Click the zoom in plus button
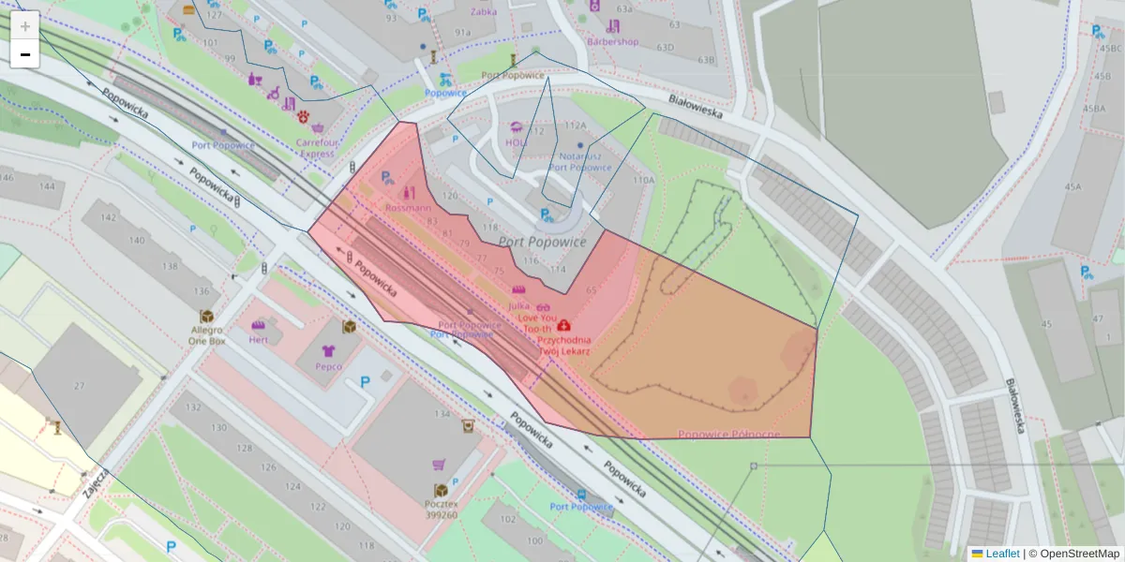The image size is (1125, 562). [x=25, y=25]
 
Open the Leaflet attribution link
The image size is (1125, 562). [x=1001, y=554]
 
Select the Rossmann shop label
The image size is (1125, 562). [x=408, y=207]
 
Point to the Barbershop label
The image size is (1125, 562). [x=612, y=41]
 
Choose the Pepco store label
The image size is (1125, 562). [x=328, y=367]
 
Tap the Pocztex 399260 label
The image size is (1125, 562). [x=441, y=509]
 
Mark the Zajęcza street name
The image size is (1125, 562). [x=96, y=481]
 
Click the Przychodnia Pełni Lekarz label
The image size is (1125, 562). [x=564, y=346]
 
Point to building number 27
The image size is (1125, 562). [x=80, y=386]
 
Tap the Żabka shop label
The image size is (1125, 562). [x=484, y=13]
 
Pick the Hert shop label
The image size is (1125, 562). [x=259, y=340]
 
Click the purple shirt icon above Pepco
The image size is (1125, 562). [x=328, y=350]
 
